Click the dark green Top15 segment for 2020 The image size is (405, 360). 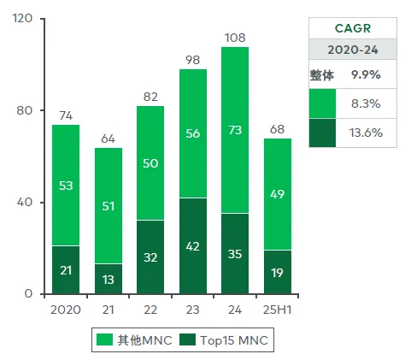pyautogui.click(x=66, y=269)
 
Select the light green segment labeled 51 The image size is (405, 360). pyautogui.click(x=109, y=206)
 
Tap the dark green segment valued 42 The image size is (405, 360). pyautogui.click(x=193, y=245)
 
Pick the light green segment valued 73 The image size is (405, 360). pyautogui.click(x=235, y=130)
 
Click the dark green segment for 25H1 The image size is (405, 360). pyautogui.click(x=278, y=272)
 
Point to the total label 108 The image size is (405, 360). pyautogui.click(x=235, y=38)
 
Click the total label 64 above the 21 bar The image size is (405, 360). pyautogui.click(x=109, y=139)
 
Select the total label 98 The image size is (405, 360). pyautogui.click(x=193, y=60)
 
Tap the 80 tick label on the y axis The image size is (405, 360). pyautogui.click(x=24, y=110)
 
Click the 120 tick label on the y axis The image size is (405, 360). pyautogui.click(x=22, y=18)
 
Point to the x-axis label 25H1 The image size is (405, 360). pyautogui.click(x=278, y=310)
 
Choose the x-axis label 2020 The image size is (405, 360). pyautogui.click(x=66, y=310)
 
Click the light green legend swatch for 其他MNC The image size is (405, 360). pyautogui.click(x=104, y=339)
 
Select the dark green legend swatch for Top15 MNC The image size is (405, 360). pyautogui.click(x=188, y=339)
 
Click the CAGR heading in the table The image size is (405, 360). pyautogui.click(x=353, y=28)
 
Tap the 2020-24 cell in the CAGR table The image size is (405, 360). pyautogui.click(x=353, y=50)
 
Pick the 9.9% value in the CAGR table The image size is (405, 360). pyautogui.click(x=366, y=74)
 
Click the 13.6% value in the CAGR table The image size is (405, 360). pyautogui.click(x=366, y=133)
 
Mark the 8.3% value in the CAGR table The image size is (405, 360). pyautogui.click(x=366, y=103)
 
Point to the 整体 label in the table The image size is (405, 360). pyautogui.click(x=322, y=75)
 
